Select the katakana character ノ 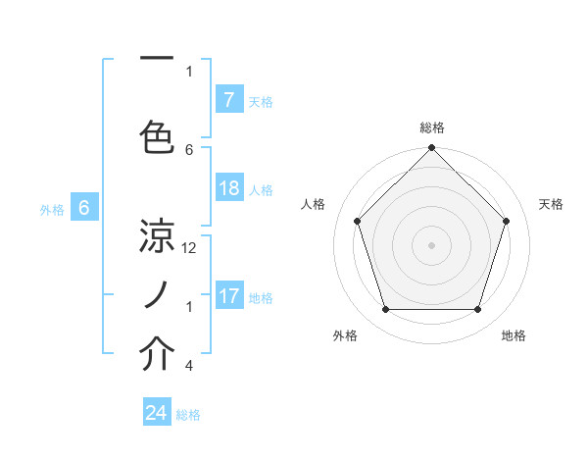tap(157, 293)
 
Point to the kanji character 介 tap(157, 354)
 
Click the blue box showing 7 tap(228, 99)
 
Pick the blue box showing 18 tap(228, 188)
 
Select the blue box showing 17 tap(228, 295)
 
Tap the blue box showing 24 tap(157, 413)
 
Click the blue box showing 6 tap(84, 207)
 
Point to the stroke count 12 tap(189, 247)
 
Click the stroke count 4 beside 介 tap(189, 366)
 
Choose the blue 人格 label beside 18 tap(261, 189)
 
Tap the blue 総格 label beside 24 tap(189, 414)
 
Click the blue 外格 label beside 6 tap(52, 209)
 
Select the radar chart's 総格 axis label tap(432, 128)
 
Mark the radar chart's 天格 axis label tap(552, 204)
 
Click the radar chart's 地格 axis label tap(514, 335)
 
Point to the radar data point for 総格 tap(431, 149)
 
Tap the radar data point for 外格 tap(385, 310)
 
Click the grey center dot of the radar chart tap(431, 244)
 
